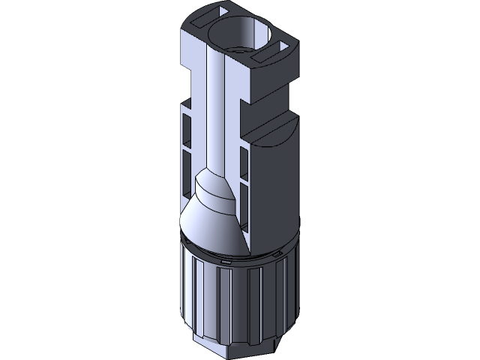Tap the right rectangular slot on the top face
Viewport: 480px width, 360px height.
(x=269, y=56)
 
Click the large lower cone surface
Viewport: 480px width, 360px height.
(x=214, y=225)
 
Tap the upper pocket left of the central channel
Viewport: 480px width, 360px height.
(x=187, y=127)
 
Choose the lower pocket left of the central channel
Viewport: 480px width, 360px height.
(x=187, y=169)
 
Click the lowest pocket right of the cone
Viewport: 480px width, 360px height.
(x=243, y=206)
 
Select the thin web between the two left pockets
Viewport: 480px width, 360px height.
(x=187, y=148)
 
